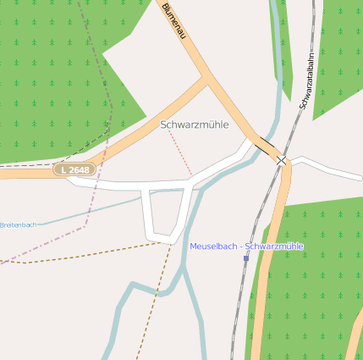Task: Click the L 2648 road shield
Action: [x=76, y=170]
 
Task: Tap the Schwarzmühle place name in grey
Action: [x=195, y=125]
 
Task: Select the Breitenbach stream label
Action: [x=19, y=224]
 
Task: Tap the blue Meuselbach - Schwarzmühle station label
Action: [x=246, y=246]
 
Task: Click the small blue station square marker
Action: [x=246, y=258]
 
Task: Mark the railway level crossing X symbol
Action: [x=281, y=159]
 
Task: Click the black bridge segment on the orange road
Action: [x=265, y=147]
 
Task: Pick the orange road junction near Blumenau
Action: [x=206, y=79]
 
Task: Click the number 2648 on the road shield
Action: [x=80, y=170]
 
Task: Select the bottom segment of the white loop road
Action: [x=162, y=233]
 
